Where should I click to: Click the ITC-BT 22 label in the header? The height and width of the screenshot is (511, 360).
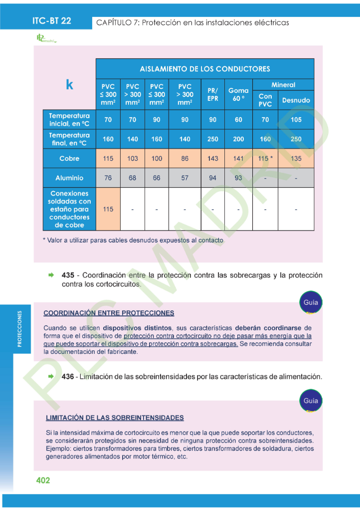point(52,20)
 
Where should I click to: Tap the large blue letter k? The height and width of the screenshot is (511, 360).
point(69,85)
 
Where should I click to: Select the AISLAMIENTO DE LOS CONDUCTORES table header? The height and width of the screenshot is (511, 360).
point(204,69)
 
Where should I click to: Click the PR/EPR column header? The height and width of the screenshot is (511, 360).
point(213,94)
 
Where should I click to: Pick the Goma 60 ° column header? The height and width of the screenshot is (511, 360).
point(238,94)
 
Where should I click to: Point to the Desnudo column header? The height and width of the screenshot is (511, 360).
point(296,100)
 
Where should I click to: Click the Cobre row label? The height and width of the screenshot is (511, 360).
point(69,158)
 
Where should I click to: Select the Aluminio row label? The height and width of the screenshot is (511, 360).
point(69,178)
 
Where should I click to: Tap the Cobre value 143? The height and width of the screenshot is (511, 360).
point(213,159)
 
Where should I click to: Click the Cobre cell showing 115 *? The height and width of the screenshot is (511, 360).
point(265,159)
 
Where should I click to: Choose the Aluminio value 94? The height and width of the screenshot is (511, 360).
point(213,178)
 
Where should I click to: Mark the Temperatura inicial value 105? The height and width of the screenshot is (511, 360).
point(296,120)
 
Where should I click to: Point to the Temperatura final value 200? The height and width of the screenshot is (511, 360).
point(238,139)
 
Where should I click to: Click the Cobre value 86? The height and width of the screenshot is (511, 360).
point(184,159)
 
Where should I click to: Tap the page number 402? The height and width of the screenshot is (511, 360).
point(43,480)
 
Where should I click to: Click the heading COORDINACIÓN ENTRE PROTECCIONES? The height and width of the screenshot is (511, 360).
point(109,313)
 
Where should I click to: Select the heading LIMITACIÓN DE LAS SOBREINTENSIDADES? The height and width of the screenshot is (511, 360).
point(115,418)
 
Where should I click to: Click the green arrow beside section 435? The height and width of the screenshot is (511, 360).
point(51,275)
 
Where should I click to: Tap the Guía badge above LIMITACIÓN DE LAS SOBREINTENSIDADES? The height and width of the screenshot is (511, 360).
point(311,401)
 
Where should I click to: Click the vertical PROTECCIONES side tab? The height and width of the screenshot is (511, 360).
point(19,329)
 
